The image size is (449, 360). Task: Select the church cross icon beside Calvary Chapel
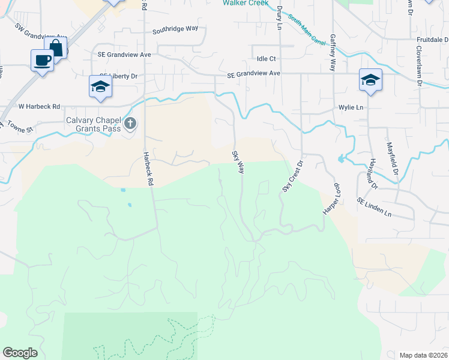[x=130, y=125]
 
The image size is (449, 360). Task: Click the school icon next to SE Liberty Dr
[x=100, y=87]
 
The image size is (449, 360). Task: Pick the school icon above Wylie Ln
[x=370, y=80]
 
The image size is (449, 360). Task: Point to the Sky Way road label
[x=238, y=162]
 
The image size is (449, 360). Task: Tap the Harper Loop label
[x=332, y=196]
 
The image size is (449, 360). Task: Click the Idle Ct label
[x=266, y=59]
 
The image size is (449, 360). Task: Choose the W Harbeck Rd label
[x=40, y=107]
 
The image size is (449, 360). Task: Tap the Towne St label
[x=20, y=128]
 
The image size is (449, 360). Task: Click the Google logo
[x=20, y=353]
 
